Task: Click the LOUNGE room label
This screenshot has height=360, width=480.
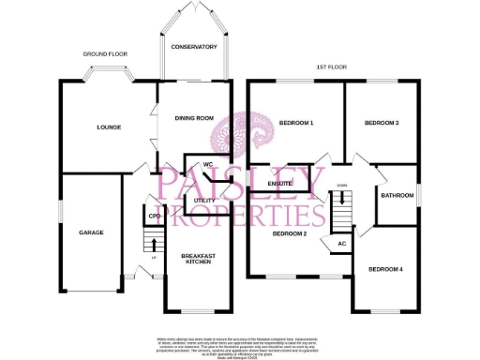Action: tap(108, 127)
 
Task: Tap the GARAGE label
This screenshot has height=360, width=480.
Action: tap(91, 232)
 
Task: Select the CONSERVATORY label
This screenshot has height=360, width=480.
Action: tap(194, 47)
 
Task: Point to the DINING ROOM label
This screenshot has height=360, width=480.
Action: tap(193, 118)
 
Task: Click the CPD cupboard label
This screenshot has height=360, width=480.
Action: tap(154, 217)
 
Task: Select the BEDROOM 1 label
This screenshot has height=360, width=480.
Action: tap(295, 123)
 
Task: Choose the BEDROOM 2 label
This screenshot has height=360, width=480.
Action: tap(290, 233)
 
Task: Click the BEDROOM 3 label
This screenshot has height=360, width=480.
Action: tap(382, 123)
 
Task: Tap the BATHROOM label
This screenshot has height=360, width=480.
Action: tap(397, 196)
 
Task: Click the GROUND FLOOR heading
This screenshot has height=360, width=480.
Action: tap(104, 54)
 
